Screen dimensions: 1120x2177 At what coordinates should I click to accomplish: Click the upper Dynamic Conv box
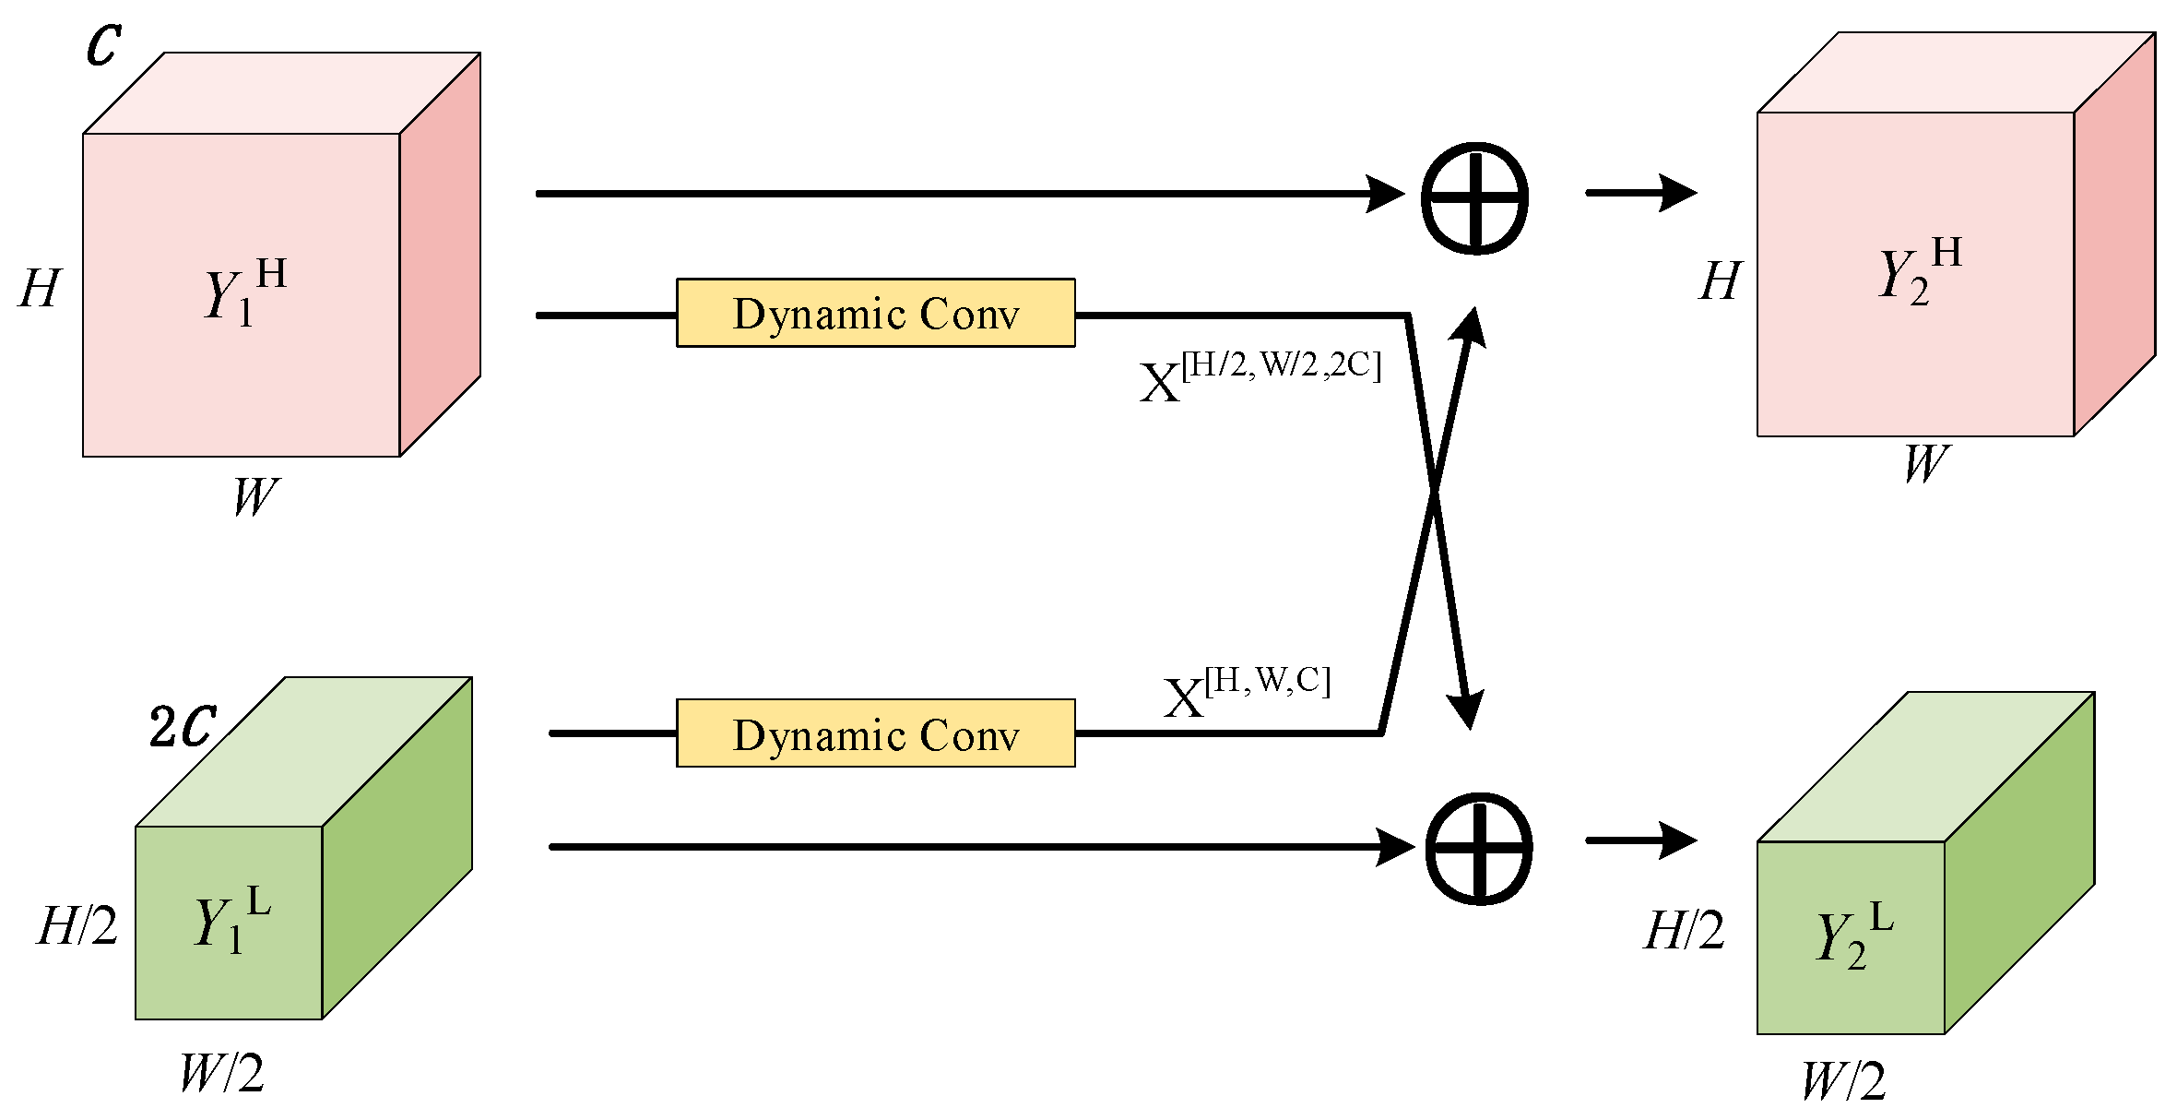pyautogui.click(x=875, y=314)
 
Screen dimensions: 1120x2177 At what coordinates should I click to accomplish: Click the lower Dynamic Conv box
pyautogui.click(x=875, y=734)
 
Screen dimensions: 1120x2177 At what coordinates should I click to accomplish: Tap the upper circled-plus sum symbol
pyautogui.click(x=1474, y=198)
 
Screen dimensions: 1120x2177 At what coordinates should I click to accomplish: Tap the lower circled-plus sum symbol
pyautogui.click(x=1478, y=848)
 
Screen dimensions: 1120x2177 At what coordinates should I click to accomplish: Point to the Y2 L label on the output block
pyautogui.click(x=1853, y=935)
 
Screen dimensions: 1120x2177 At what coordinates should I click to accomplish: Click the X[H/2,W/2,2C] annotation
pyautogui.click(x=1260, y=375)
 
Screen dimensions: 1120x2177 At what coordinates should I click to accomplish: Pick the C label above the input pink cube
pyautogui.click(x=103, y=43)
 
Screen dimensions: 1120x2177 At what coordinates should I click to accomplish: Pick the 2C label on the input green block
pyautogui.click(x=183, y=727)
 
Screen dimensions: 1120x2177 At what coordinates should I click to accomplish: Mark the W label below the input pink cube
pyautogui.click(x=254, y=496)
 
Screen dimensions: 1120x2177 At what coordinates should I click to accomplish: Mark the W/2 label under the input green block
pyautogui.click(x=221, y=1073)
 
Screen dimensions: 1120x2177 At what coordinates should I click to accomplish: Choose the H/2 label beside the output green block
pyautogui.click(x=1684, y=930)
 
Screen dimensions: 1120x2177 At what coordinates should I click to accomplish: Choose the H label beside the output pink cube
pyautogui.click(x=1721, y=280)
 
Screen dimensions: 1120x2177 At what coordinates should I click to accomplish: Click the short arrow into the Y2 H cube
pyautogui.click(x=1641, y=193)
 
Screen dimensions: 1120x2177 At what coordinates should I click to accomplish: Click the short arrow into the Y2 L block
pyautogui.click(x=1641, y=840)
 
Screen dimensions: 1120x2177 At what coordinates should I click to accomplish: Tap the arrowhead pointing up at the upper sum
pyautogui.click(x=1472, y=327)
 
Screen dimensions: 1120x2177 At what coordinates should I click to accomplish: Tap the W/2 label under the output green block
pyautogui.click(x=1844, y=1081)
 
